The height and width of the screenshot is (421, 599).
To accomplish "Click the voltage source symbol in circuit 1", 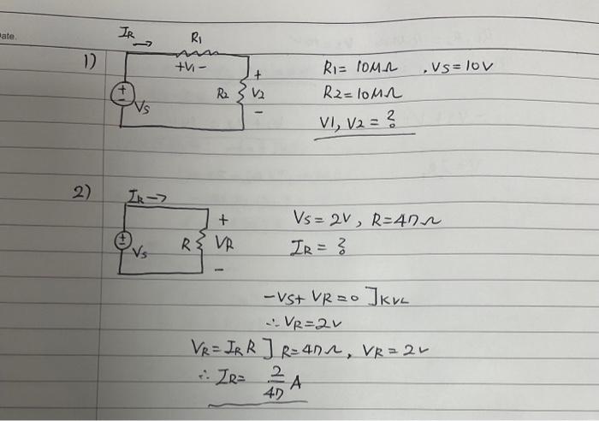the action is [x=125, y=91].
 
